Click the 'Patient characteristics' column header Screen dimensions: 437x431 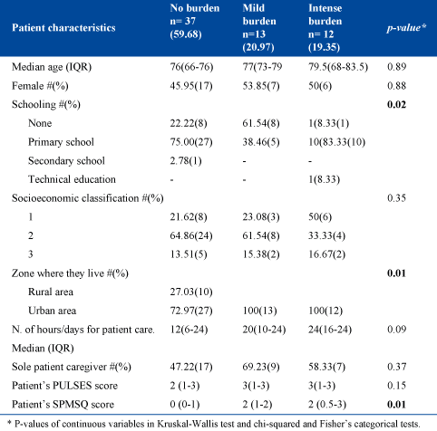(x=63, y=28)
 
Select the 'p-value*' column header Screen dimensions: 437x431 (x=406, y=28)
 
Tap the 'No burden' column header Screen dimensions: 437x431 (x=195, y=21)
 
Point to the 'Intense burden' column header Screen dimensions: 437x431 (x=325, y=27)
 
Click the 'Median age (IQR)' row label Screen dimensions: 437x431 (x=52, y=67)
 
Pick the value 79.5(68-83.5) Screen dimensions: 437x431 (x=338, y=67)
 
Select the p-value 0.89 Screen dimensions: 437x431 (x=396, y=67)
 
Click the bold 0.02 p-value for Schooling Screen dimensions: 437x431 (x=396, y=104)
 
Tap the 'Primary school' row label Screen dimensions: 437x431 (x=61, y=142)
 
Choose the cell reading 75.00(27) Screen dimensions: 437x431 (x=191, y=142)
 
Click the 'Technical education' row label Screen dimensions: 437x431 (x=72, y=179)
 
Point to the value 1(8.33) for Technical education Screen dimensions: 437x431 (x=324, y=179)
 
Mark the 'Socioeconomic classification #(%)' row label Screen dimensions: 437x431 (x=88, y=198)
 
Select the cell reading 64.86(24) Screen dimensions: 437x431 (x=191, y=235)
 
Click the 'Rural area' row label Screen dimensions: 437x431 (x=51, y=292)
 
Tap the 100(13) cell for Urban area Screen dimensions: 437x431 (x=259, y=311)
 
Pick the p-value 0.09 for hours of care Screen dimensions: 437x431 (x=396, y=330)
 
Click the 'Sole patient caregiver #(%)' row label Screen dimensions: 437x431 (x=72, y=367)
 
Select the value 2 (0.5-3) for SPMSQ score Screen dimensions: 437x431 (x=327, y=405)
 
